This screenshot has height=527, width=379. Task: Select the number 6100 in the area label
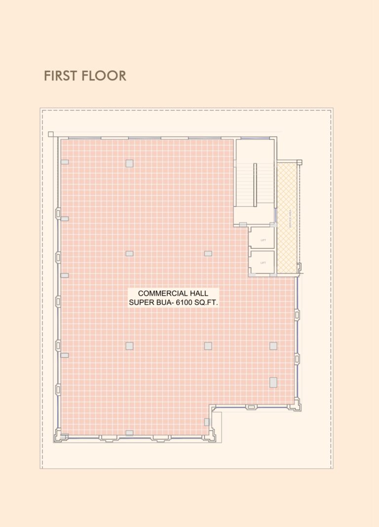(183, 302)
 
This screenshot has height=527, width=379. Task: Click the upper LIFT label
(263, 240)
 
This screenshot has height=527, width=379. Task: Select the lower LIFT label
(263, 263)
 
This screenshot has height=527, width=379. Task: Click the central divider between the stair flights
(255, 185)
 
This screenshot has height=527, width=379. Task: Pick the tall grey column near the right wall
(273, 382)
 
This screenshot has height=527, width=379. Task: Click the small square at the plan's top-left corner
(51, 134)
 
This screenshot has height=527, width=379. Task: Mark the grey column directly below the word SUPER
(129, 346)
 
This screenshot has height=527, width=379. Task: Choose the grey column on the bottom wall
(129, 433)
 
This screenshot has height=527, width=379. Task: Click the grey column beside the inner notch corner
(207, 422)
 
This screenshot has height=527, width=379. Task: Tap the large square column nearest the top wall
(129, 163)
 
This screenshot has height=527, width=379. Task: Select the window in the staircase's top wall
(255, 138)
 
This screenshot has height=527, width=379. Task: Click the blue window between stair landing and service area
(275, 215)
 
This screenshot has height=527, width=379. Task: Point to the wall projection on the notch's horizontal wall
(251, 407)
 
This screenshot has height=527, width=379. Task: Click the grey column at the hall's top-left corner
(65, 162)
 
